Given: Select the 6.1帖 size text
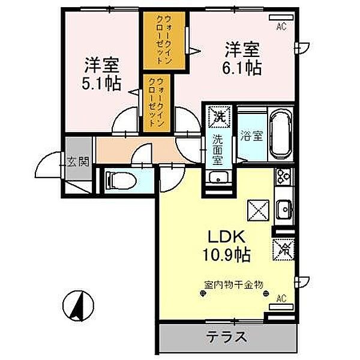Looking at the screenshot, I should [x=244, y=67].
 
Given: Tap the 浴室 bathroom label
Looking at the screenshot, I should [x=250, y=136].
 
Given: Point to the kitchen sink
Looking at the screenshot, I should [x=283, y=209].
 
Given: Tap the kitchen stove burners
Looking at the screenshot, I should [x=283, y=178].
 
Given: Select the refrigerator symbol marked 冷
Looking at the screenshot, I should [x=283, y=249].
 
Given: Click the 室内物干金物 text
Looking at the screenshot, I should [x=233, y=285].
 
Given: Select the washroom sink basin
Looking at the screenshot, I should [x=218, y=178].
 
